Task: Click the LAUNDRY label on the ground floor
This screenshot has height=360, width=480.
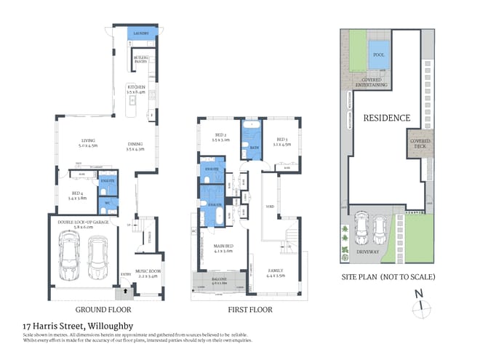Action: [140, 33]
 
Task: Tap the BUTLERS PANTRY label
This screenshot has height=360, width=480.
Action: [141, 59]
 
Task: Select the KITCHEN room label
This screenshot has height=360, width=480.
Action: [136, 89]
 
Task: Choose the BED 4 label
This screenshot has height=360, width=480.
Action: [76, 193]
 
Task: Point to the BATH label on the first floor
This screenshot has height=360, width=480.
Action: [255, 148]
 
